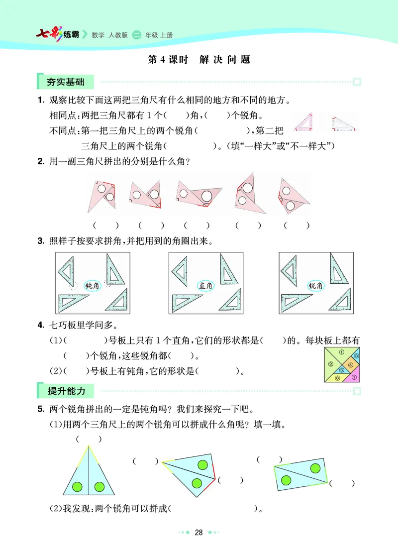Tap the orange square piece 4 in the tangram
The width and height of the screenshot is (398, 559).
click(x=350, y=365)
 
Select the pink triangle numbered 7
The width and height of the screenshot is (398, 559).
click(x=354, y=377)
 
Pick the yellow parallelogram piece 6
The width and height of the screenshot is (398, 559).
click(x=337, y=378)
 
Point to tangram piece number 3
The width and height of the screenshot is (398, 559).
click(x=356, y=356)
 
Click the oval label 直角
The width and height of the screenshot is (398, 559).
click(x=205, y=286)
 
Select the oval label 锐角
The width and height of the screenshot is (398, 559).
click(x=316, y=286)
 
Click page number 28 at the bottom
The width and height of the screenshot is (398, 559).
click(x=199, y=533)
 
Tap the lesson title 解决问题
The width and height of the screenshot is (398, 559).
click(x=224, y=60)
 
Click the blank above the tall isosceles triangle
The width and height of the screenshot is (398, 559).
click(x=89, y=439)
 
